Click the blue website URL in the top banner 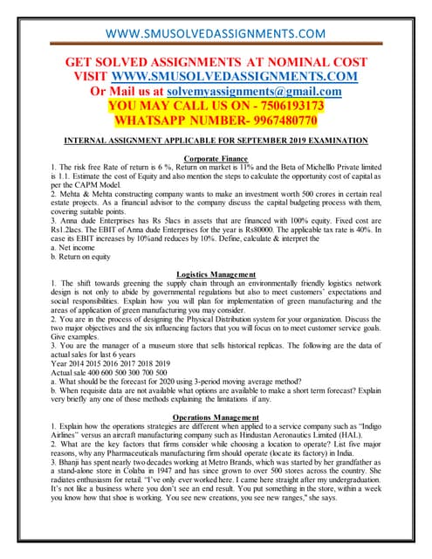pos(216,11)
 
